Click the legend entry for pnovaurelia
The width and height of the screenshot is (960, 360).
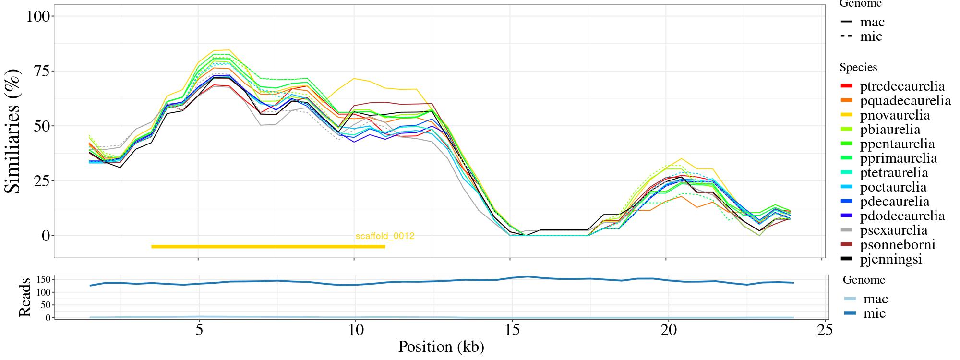[895, 115]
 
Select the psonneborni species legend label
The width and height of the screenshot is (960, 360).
[898, 245]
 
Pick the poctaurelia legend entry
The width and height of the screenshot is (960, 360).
[893, 187]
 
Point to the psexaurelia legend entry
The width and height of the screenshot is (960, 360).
[894, 230]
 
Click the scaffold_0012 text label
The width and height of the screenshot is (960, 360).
[385, 236]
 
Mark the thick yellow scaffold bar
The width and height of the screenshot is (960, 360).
[268, 247]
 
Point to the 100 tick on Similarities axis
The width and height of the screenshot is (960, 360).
[38, 16]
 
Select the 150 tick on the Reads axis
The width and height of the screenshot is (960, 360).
[44, 279]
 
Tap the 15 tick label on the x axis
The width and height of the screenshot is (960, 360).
[512, 331]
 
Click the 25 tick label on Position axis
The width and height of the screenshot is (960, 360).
[825, 331]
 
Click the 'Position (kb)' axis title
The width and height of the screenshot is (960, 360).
[441, 347]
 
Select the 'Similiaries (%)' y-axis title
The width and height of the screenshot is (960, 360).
[13, 131]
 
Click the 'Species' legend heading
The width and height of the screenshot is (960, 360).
[858, 68]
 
